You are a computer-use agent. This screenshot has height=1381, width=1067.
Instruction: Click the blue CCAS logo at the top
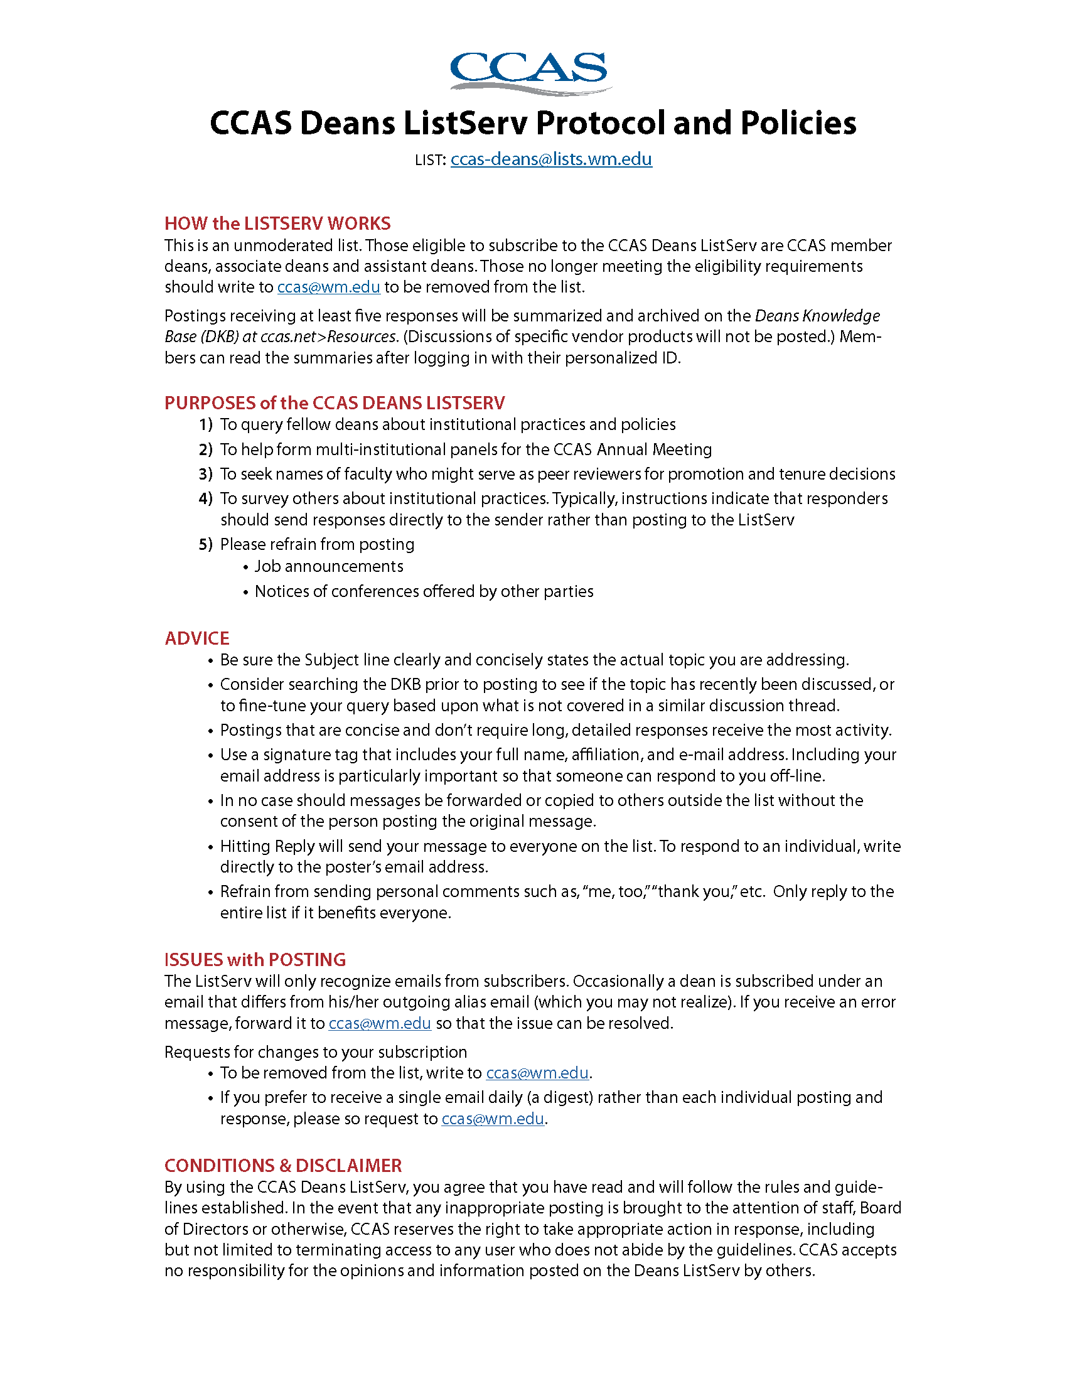tap(530, 72)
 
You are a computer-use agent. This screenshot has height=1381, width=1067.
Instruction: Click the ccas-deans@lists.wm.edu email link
tap(550, 159)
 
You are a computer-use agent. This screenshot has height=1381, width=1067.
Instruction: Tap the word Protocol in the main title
tap(601, 122)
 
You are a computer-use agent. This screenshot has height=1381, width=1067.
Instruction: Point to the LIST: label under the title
tap(431, 160)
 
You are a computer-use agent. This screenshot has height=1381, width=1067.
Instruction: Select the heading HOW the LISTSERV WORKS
tap(277, 223)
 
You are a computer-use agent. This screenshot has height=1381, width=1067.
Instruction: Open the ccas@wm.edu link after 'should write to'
tap(329, 287)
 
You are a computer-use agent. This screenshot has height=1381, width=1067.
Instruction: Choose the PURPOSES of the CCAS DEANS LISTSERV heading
tap(335, 403)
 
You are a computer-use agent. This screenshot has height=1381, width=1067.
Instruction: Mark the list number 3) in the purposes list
tap(205, 474)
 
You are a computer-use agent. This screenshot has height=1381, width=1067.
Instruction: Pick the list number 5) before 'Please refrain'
tap(205, 544)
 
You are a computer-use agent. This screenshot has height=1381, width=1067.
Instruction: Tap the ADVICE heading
tap(197, 638)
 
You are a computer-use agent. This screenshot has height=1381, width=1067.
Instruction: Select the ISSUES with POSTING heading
tap(255, 959)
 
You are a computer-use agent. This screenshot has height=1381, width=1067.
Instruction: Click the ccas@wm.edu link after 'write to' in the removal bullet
tap(537, 1073)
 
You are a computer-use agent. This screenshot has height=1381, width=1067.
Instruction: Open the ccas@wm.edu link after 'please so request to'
tap(493, 1119)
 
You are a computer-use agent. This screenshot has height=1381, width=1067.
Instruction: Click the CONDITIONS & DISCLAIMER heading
tap(283, 1166)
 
